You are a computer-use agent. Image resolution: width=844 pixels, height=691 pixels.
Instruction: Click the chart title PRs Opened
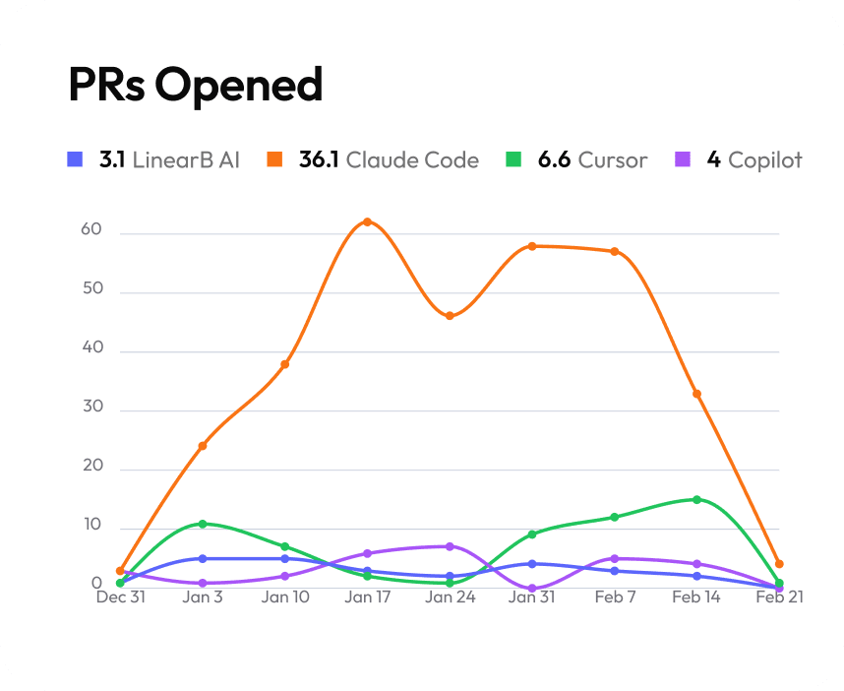(x=195, y=86)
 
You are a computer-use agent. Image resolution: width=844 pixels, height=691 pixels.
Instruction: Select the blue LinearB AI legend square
(x=74, y=159)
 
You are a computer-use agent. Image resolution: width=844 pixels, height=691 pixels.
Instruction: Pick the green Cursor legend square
(x=512, y=159)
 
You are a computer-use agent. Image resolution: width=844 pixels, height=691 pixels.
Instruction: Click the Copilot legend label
(x=764, y=159)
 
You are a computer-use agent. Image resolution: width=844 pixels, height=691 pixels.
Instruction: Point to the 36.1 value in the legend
(x=319, y=159)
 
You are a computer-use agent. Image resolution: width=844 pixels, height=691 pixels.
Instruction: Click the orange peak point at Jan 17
(x=367, y=221)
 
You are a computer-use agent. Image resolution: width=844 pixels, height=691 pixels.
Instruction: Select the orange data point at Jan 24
(x=450, y=316)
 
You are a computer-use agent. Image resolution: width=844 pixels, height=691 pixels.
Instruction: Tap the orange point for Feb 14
(x=696, y=394)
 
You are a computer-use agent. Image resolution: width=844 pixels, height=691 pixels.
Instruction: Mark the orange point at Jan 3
(x=203, y=446)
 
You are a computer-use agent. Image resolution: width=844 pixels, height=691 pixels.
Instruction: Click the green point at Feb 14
(x=696, y=499)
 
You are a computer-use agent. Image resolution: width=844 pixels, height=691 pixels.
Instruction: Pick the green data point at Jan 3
(x=203, y=524)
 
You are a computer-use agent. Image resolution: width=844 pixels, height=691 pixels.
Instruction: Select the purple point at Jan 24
(x=450, y=546)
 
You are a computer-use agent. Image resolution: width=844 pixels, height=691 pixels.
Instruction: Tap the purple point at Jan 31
(x=532, y=589)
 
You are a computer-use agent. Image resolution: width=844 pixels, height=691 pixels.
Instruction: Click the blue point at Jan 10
(x=285, y=558)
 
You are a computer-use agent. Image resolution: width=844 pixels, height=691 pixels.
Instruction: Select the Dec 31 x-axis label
(x=120, y=597)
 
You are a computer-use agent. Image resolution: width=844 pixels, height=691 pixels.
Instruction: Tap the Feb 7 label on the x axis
(x=614, y=597)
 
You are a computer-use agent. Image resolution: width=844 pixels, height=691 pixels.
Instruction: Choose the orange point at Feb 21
(x=779, y=564)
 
